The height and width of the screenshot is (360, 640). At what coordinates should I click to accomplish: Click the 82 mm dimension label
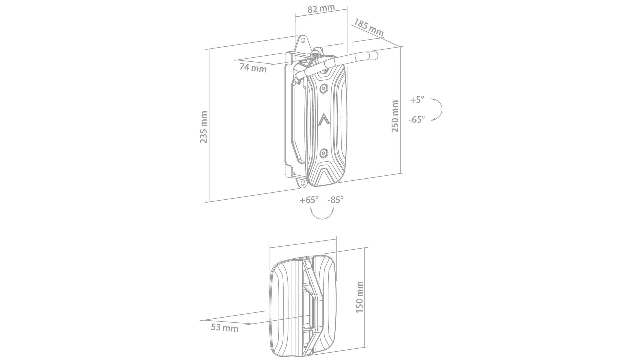coord(321,9)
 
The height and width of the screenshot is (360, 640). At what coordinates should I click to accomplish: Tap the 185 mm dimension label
coord(369,28)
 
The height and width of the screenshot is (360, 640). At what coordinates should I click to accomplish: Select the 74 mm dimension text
coord(253,68)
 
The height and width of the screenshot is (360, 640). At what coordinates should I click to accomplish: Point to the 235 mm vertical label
coord(204,127)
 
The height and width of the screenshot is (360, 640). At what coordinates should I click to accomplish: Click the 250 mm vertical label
coord(395,116)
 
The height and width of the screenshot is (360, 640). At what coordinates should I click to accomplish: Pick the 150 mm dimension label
coord(360,297)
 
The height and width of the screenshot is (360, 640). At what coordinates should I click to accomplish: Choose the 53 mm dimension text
coord(224,328)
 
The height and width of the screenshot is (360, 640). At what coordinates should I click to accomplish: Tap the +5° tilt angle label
coord(417,100)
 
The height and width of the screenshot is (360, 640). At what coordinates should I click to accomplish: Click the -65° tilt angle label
coord(417,119)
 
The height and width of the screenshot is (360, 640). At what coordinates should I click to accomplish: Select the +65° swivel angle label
coord(309,200)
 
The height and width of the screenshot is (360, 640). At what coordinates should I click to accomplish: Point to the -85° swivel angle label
coord(336,200)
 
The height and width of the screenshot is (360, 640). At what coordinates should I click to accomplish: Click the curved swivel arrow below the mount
coord(322,215)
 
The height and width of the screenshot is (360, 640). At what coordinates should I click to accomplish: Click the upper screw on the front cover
coord(324,88)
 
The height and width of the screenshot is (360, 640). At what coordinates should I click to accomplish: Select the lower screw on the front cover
coord(324,153)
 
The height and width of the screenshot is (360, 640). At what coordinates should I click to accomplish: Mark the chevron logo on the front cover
coord(324,119)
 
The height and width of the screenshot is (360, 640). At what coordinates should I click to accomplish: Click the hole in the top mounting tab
coord(303,40)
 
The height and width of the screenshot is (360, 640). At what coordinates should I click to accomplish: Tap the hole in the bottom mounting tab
coord(303,183)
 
